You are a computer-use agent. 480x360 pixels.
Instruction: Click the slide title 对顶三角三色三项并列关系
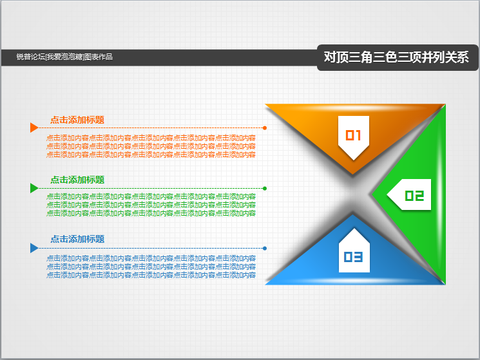[x=396, y=57]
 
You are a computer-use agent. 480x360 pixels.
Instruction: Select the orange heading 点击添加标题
[x=77, y=120]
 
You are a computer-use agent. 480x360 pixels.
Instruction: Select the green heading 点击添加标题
[x=77, y=180]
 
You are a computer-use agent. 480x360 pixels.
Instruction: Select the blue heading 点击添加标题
[x=77, y=239]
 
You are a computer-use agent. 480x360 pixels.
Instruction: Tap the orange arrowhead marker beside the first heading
[x=34, y=128]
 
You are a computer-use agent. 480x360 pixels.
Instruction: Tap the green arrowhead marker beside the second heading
[x=34, y=188]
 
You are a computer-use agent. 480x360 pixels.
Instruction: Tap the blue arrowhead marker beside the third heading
[x=34, y=248]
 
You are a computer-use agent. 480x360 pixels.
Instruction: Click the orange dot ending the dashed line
[x=265, y=128]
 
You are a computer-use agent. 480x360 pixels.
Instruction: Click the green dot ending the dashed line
[x=265, y=189]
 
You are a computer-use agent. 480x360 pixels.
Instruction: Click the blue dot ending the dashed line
[x=265, y=249]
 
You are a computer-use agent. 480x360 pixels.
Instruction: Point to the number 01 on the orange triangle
[x=353, y=135]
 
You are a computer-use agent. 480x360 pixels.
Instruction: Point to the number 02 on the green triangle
[x=414, y=196]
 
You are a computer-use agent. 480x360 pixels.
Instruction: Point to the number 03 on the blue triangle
[x=353, y=257]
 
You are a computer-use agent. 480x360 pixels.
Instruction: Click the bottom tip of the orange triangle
[x=353, y=174]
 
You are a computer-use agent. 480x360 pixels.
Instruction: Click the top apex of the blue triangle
[x=353, y=214]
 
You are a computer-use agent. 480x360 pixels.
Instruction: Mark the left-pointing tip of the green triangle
[x=372, y=194]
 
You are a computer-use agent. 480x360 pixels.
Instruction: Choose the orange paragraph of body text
[x=151, y=146]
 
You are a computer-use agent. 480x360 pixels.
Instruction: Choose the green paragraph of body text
[x=151, y=205]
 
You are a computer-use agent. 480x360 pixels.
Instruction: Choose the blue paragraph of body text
[x=151, y=267]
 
